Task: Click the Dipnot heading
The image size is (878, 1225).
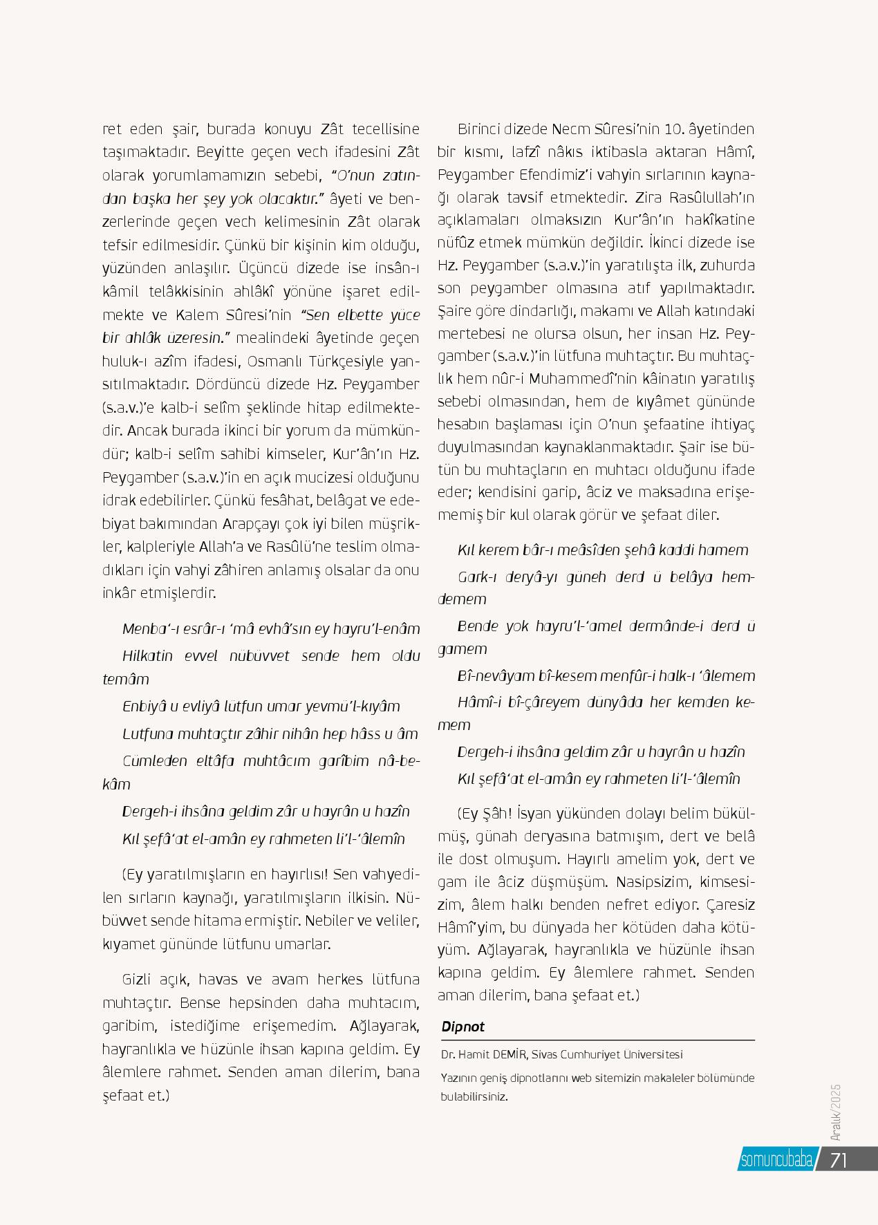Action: pyautogui.click(x=463, y=1027)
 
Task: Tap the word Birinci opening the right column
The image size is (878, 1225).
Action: pyautogui.click(x=480, y=129)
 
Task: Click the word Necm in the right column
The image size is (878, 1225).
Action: pyautogui.click(x=568, y=129)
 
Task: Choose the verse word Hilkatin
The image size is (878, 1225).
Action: pyautogui.click(x=149, y=655)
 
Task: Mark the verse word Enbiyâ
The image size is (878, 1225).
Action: pyautogui.click(x=144, y=707)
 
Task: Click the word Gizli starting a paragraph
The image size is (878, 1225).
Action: pyautogui.click(x=141, y=980)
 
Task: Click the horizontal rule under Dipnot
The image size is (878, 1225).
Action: pyautogui.click(x=598, y=1040)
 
